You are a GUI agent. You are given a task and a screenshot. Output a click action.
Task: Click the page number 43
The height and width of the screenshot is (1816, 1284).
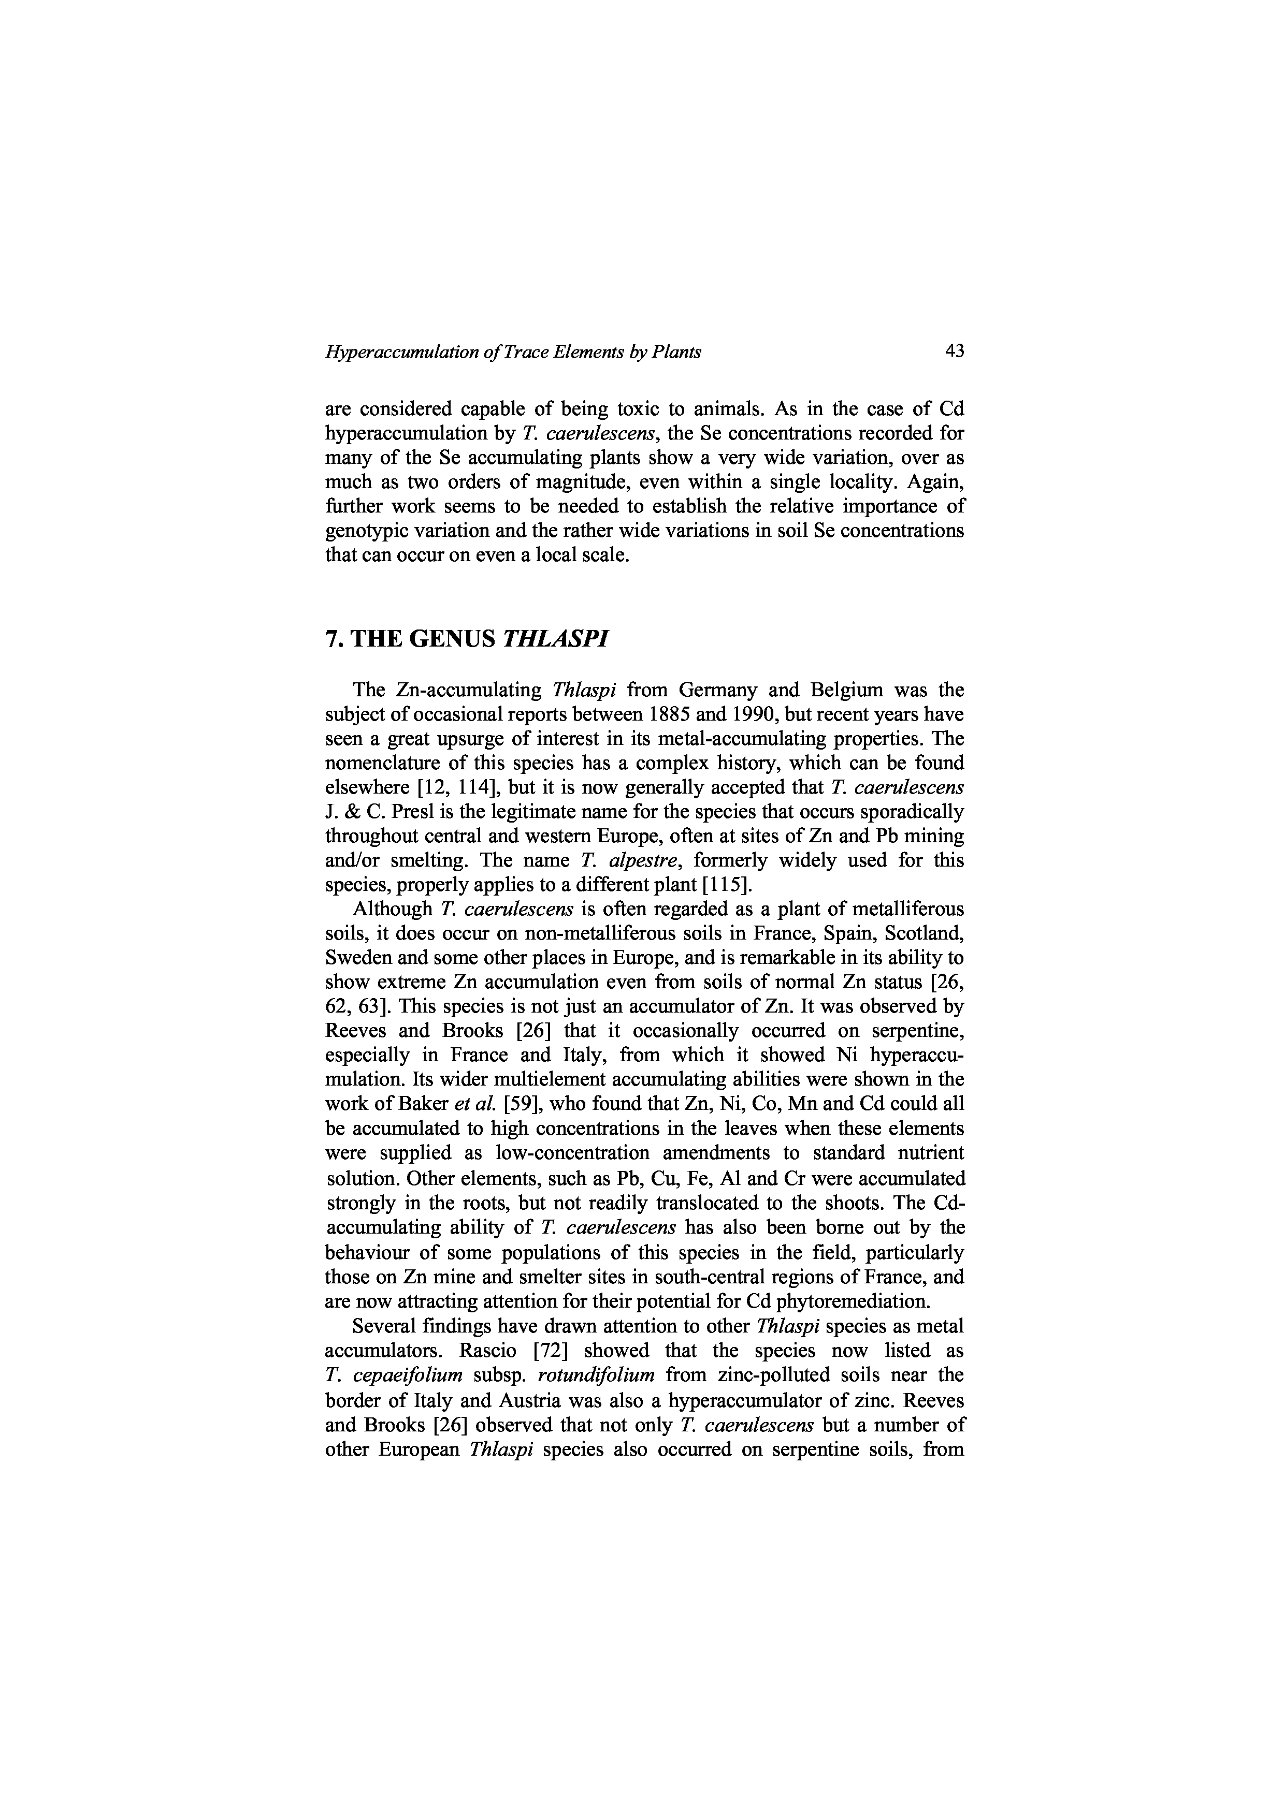[x=954, y=350]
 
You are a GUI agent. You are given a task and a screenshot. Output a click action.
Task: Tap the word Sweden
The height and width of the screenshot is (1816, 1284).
[x=353, y=958]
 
